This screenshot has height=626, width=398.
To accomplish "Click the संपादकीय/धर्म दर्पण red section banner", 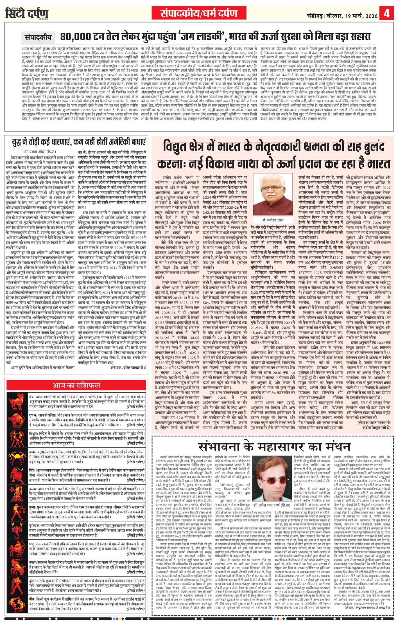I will point(199,13).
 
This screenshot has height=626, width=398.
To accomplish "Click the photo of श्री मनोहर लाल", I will point(268,190).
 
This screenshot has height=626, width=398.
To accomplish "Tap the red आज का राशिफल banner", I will point(76,385).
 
